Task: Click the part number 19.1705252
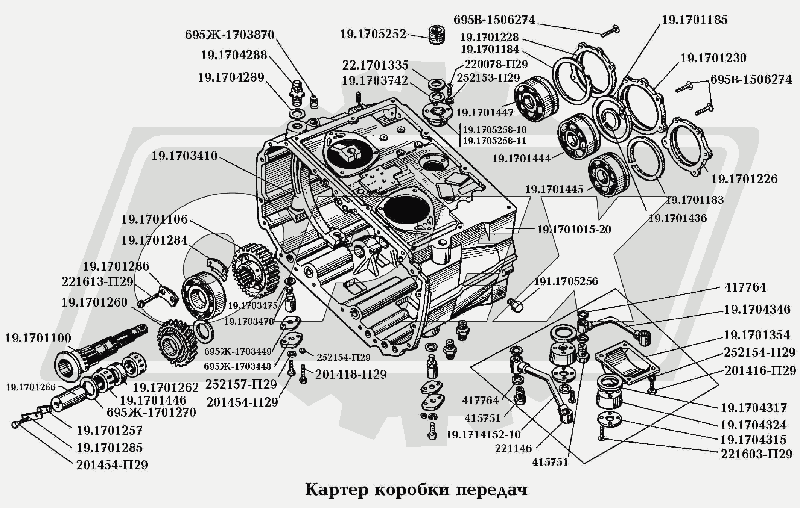pyautogui.click(x=373, y=35)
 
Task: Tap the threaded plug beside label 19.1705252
pyautogui.click(x=437, y=34)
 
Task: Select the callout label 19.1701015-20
pyautogui.click(x=574, y=230)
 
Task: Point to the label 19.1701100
pyautogui.click(x=38, y=338)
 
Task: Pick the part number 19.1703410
pyautogui.click(x=184, y=156)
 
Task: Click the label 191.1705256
pyautogui.click(x=566, y=281)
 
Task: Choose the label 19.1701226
pyautogui.click(x=744, y=179)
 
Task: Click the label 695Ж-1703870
pyautogui.click(x=230, y=35)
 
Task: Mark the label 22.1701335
pyautogui.click(x=375, y=65)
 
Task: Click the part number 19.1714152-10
pyautogui.click(x=483, y=435)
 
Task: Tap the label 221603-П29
pyautogui.click(x=756, y=454)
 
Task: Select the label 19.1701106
pyautogui.click(x=154, y=219)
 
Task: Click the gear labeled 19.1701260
pyautogui.click(x=176, y=342)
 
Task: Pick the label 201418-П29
pyautogui.click(x=351, y=375)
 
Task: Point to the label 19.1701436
pyautogui.click(x=677, y=218)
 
